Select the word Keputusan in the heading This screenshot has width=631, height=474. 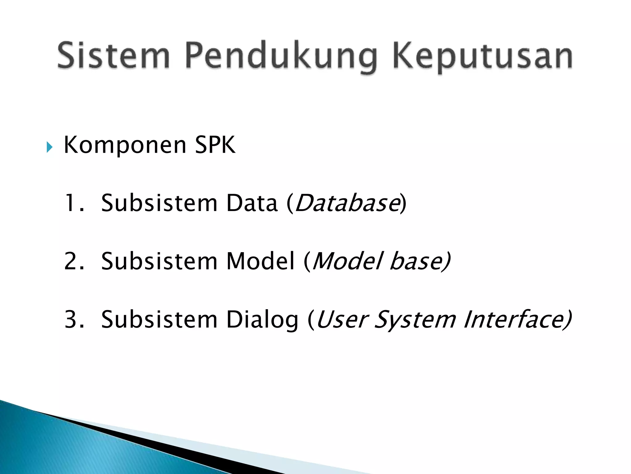pyautogui.click(x=482, y=57)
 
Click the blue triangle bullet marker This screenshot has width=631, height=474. pyautogui.click(x=49, y=147)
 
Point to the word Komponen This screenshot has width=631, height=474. pyautogui.click(x=125, y=145)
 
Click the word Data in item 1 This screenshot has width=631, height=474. pyautogui.click(x=252, y=203)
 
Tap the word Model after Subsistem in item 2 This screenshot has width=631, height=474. pyautogui.click(x=260, y=261)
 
